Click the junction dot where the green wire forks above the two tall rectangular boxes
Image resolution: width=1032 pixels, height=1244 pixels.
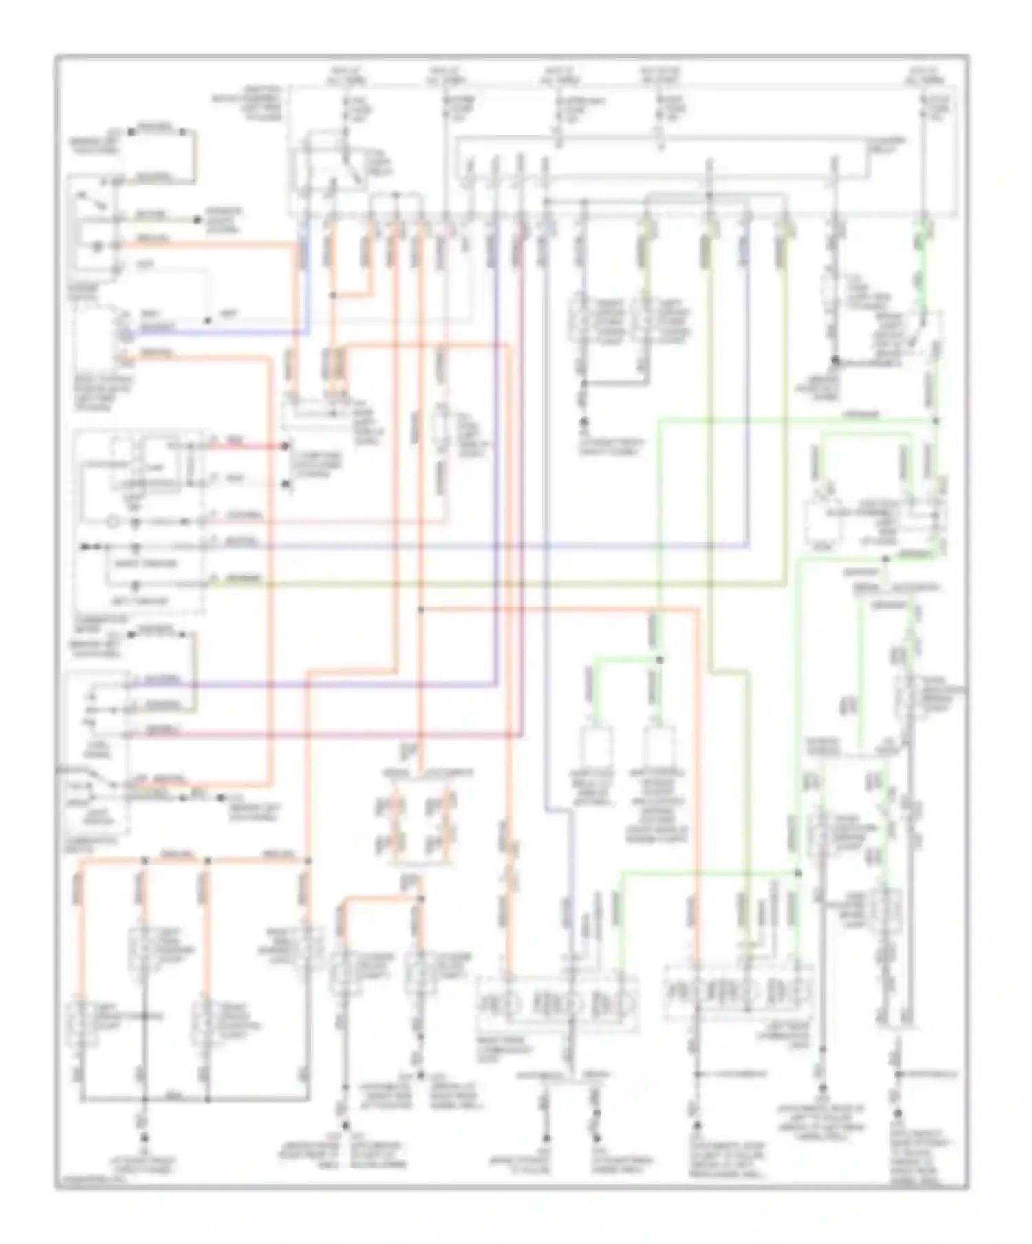click(659, 660)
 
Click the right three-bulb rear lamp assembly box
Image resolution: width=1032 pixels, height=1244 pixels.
click(738, 991)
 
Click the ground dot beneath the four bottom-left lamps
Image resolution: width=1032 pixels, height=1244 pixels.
click(144, 1137)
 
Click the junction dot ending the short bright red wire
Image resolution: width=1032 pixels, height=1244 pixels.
click(286, 446)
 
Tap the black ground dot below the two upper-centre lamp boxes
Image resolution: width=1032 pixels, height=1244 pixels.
click(583, 421)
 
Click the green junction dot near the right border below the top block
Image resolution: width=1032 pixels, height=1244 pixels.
click(936, 421)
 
